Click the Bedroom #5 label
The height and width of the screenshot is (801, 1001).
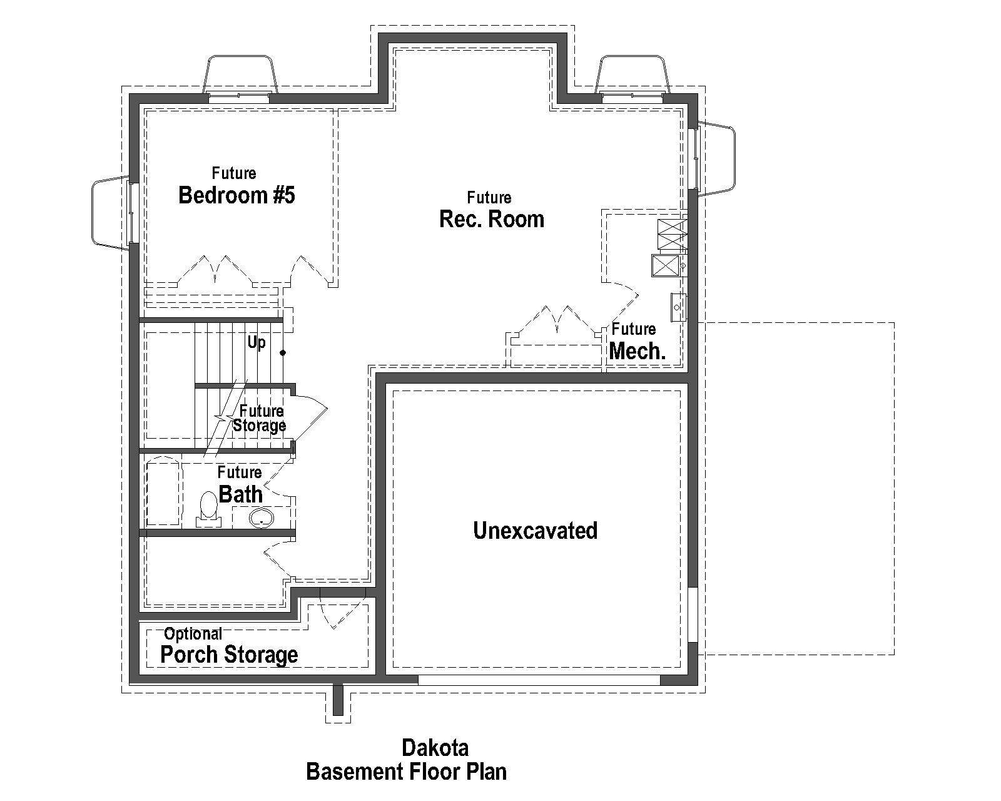(236, 195)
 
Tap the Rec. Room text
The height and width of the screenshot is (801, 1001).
(492, 219)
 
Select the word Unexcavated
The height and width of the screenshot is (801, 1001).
(535, 531)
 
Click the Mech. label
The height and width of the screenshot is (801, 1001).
(637, 351)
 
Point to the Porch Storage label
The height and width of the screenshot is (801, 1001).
(229, 655)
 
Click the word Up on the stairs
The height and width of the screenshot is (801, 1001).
(257, 342)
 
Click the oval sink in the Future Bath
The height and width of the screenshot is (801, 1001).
(261, 518)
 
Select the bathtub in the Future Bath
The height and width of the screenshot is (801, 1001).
(163, 493)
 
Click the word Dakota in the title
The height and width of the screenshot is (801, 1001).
(435, 748)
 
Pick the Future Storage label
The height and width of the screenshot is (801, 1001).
(260, 419)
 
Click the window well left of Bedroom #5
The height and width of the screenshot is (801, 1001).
(111, 213)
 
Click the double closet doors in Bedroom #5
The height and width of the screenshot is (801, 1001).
(215, 270)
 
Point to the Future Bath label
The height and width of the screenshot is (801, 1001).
(240, 485)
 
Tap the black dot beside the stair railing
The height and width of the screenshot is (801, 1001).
(283, 353)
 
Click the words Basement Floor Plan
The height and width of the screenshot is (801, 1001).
(406, 772)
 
